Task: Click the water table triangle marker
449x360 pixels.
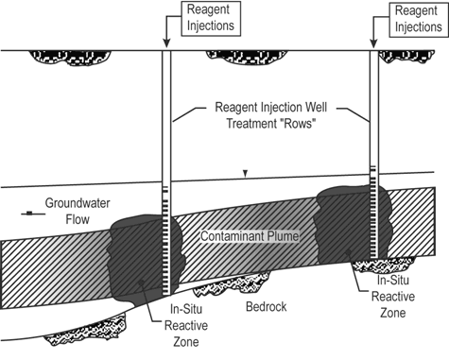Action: (246, 174)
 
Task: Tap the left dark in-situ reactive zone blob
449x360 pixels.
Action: (137, 255)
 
